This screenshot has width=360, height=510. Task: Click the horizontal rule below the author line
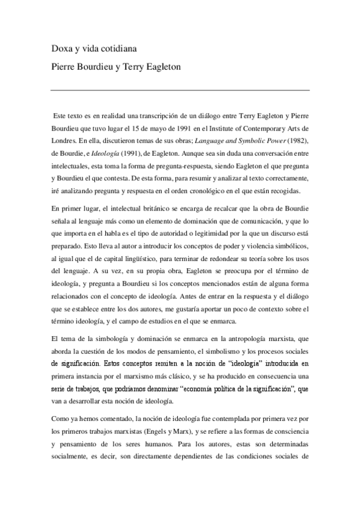[x=180, y=90]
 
